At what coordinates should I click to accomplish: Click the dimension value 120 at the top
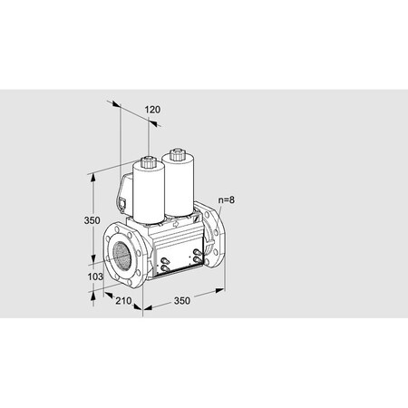pyautogui.click(x=152, y=110)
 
